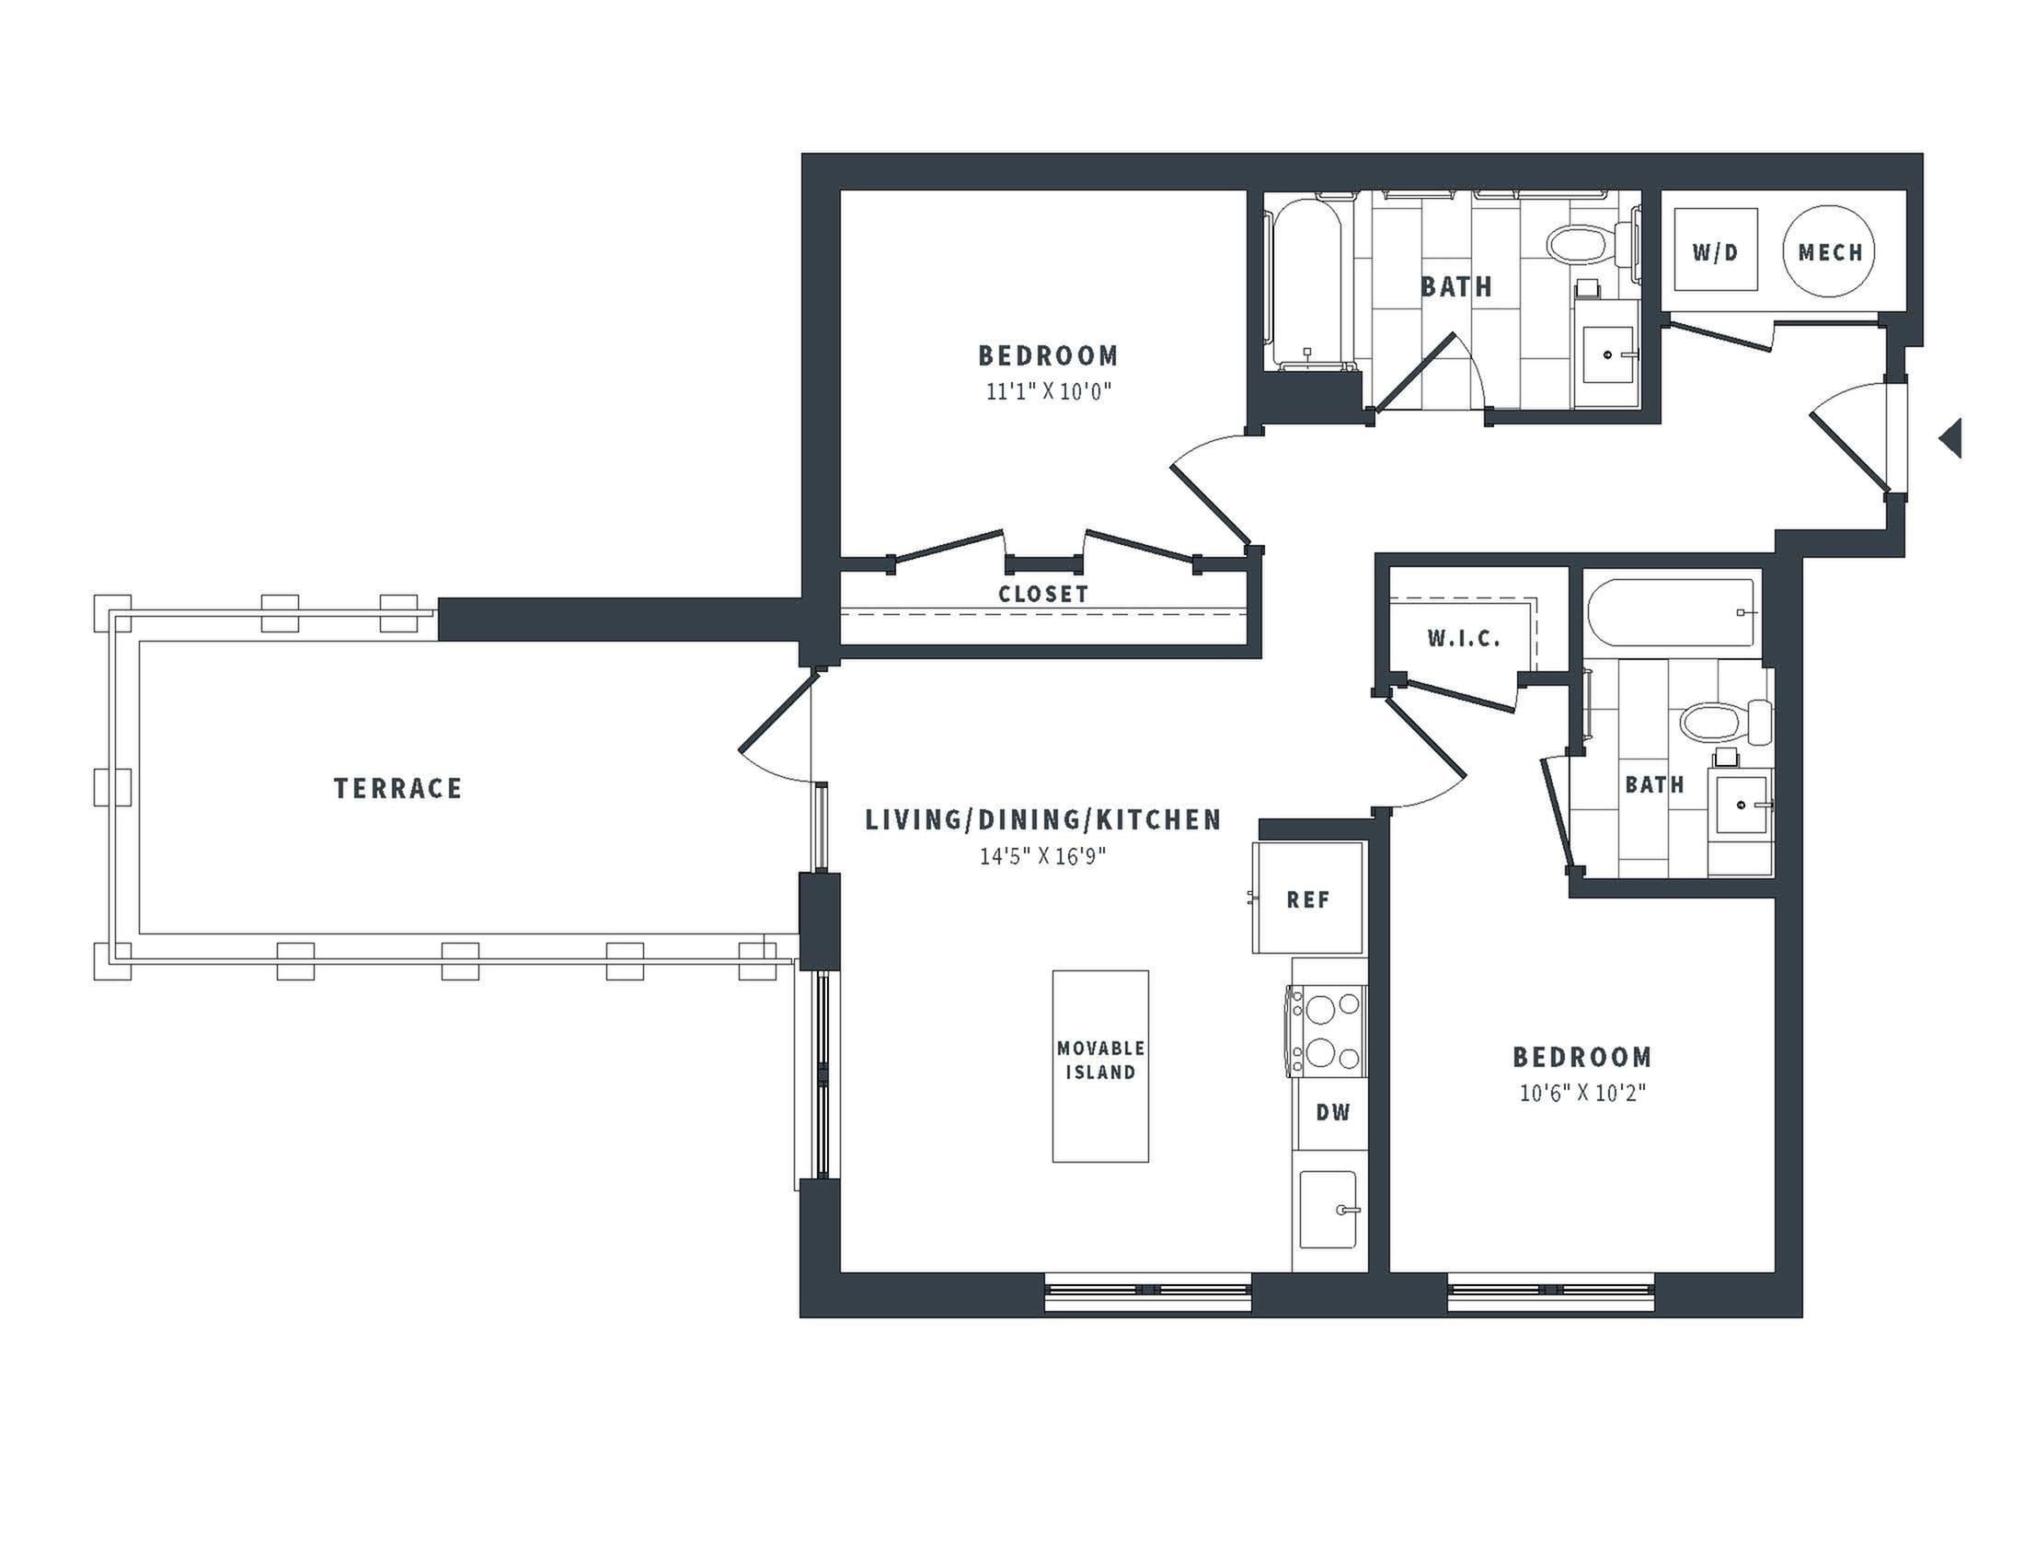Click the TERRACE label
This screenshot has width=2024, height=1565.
pos(397,788)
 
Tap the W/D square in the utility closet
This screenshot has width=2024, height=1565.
pos(1716,249)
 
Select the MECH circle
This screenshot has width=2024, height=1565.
pos(1829,251)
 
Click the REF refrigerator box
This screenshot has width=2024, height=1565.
pos(1307,898)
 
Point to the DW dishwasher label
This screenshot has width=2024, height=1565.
pos(1333,1113)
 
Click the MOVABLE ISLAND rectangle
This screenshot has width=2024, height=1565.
pos(1100,1066)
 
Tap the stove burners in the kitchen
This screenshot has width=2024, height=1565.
pos(1326,1030)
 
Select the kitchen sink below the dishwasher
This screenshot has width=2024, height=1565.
pos(1328,1210)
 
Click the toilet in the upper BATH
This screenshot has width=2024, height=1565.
pos(1589,243)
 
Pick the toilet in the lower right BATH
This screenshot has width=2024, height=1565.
pos(1725,723)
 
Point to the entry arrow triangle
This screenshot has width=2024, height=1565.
pos(1950,437)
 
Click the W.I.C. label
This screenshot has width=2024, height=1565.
pos(1464,638)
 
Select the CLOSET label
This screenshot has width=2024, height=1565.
pos(1042,595)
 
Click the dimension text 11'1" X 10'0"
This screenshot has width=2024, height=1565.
pos(1048,391)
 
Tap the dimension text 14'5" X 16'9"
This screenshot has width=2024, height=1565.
pos(1043,856)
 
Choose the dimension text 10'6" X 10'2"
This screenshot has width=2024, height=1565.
pos(1582,1093)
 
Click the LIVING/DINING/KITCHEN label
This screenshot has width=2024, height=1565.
pos(1043,819)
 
